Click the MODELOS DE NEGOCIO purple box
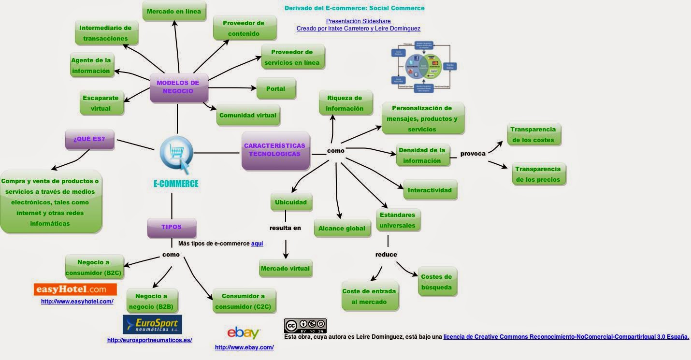pyautogui.click(x=178, y=87)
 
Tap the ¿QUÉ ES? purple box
pyautogui.click(x=89, y=139)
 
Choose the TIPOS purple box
pyautogui.click(x=172, y=228)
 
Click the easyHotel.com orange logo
pyautogui.click(x=75, y=289)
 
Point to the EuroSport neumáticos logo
pyautogui.click(x=152, y=324)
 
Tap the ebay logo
pyautogui.click(x=244, y=333)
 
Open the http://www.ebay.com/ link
pyautogui.click(x=244, y=347)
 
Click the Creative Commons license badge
pyautogui.click(x=305, y=326)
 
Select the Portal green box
pyautogui.click(x=276, y=89)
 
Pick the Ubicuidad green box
pyautogui.click(x=291, y=202)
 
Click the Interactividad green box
pyautogui.click(x=430, y=190)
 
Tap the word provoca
pyautogui.click(x=473, y=154)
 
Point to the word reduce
pyautogui.click(x=386, y=255)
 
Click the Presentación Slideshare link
pyautogui.click(x=358, y=21)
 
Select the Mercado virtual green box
pyautogui.click(x=285, y=269)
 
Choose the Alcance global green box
pyautogui.click(x=342, y=229)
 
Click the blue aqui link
pyautogui.click(x=257, y=244)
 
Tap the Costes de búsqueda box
pyautogui.click(x=436, y=282)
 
